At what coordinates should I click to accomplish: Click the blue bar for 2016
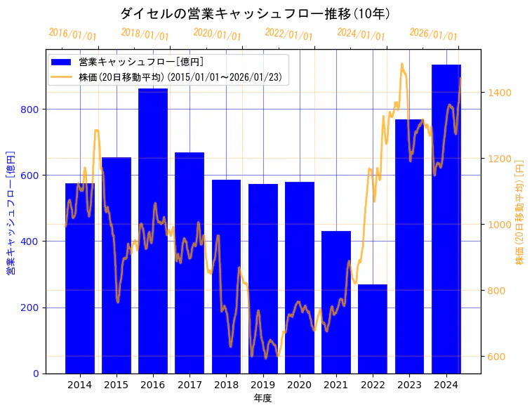[153, 232]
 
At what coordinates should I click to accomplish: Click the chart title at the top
[255, 13]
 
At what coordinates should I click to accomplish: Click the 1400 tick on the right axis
[499, 93]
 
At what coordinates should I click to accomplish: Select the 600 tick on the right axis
[496, 357]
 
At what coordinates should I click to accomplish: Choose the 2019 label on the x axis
[262, 385]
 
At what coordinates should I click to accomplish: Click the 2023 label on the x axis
[409, 385]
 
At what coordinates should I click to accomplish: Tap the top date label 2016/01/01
[73, 34]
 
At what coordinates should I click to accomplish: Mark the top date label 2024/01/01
[361, 34]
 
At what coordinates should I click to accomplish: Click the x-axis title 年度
[262, 398]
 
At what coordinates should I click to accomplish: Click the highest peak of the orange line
[402, 64]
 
